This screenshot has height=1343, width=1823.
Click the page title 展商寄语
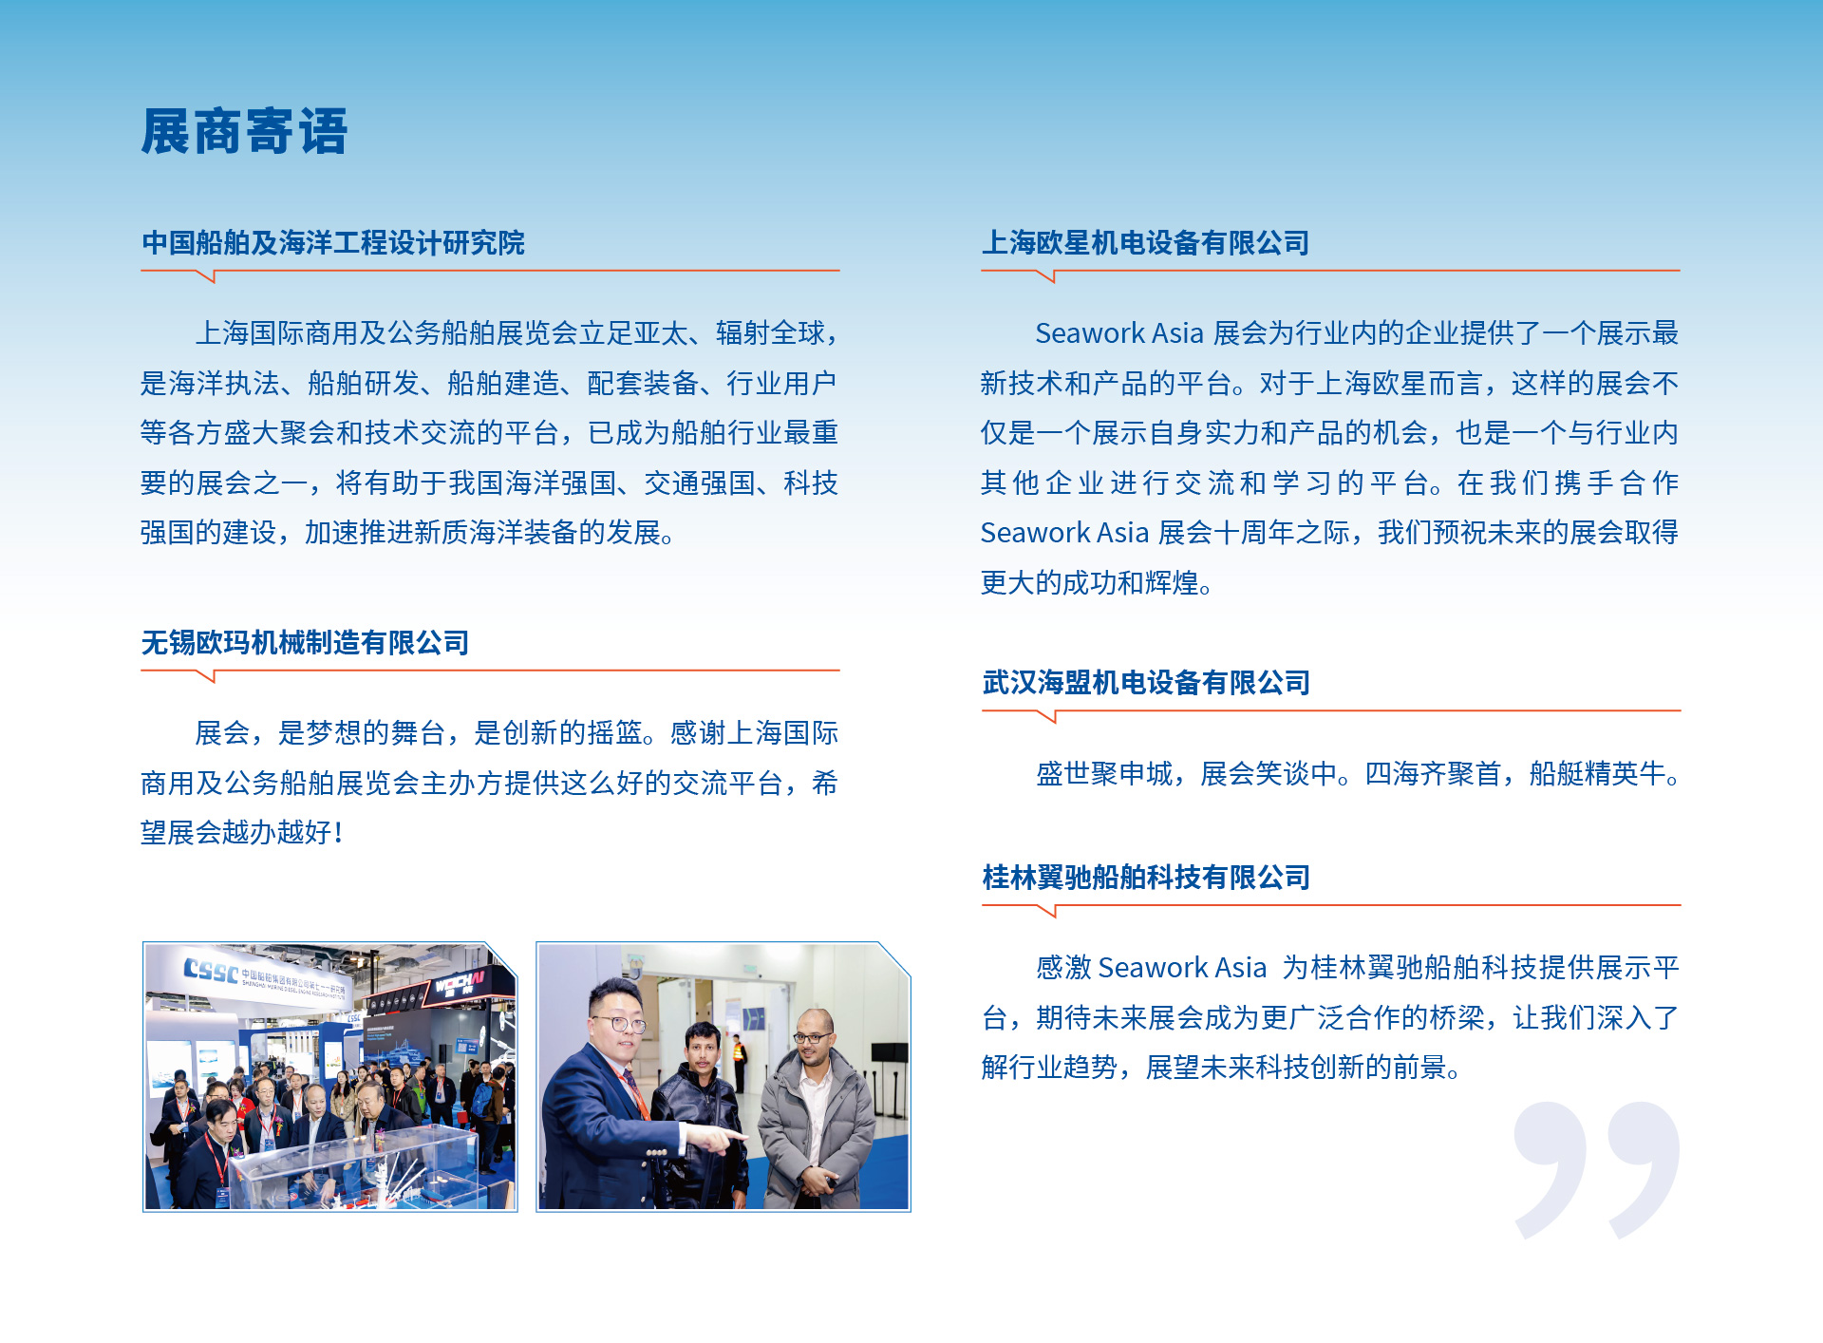tap(244, 131)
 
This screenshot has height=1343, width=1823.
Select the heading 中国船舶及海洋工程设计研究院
tap(332, 243)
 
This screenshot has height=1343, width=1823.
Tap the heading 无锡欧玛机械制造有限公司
tap(305, 643)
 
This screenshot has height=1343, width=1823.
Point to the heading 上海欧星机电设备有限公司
tap(1145, 243)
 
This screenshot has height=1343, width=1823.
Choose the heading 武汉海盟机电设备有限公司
tap(1145, 683)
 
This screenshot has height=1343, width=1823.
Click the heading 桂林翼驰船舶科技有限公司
tap(1145, 878)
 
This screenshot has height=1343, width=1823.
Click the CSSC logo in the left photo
tap(211, 971)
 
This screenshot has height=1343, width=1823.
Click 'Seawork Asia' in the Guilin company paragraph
tap(1182, 968)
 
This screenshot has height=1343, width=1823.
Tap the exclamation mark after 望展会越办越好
tap(339, 833)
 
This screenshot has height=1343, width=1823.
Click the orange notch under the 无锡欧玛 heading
tap(206, 676)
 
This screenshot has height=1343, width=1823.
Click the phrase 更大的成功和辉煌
tap(1089, 583)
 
